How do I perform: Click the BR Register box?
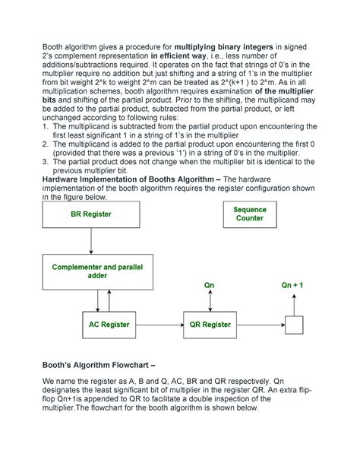click(91, 214)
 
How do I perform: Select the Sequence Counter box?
click(249, 214)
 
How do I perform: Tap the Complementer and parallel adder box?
click(90, 271)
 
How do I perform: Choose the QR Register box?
click(210, 325)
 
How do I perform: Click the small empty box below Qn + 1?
click(293, 325)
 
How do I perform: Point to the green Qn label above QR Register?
click(210, 285)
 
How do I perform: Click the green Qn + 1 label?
click(293, 285)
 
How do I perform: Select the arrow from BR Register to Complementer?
click(91, 241)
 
